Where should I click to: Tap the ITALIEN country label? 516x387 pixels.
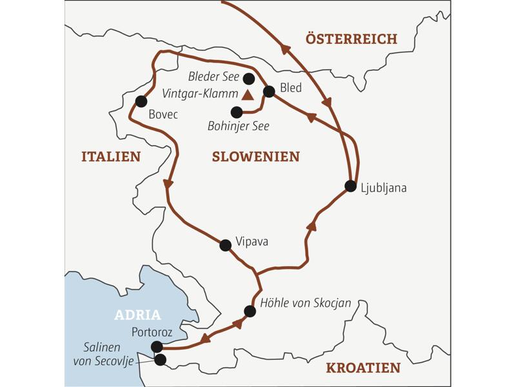(110, 156)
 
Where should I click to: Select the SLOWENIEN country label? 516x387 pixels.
(255, 156)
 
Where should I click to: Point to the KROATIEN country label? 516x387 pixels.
(363, 368)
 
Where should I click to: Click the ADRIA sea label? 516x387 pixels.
(137, 315)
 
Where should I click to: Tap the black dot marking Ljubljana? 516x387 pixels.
(350, 186)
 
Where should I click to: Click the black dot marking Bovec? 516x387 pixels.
(141, 101)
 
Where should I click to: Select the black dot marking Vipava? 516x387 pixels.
(225, 245)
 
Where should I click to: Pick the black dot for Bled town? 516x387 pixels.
(270, 92)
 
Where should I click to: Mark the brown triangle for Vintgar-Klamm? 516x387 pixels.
(248, 95)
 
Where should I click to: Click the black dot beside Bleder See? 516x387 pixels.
(248, 79)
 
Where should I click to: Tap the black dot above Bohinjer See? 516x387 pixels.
(236, 112)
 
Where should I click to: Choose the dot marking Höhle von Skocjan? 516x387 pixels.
(250, 311)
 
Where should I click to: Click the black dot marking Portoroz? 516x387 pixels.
(157, 347)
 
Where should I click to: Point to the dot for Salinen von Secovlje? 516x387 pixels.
(160, 359)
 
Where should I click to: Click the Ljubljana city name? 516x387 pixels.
(385, 188)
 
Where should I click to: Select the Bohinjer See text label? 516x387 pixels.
(239, 126)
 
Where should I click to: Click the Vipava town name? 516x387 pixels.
(252, 242)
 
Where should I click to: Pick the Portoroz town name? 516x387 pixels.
(152, 332)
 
